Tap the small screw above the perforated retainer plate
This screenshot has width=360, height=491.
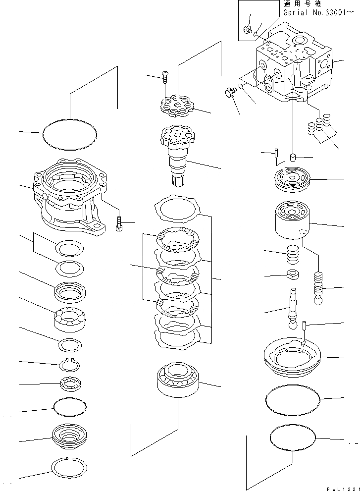(164, 75)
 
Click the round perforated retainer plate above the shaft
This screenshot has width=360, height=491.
(177, 105)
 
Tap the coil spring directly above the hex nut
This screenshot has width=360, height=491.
(293, 256)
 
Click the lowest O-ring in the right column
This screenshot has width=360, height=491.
(293, 438)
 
